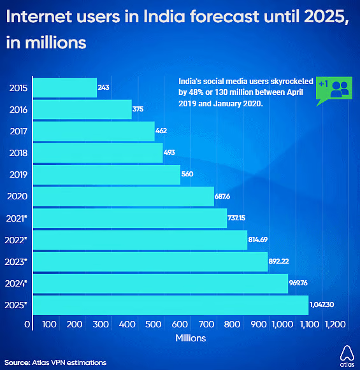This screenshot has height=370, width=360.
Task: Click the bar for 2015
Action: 64,88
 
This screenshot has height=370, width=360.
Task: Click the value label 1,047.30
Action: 322,305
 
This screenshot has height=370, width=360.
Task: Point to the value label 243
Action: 103,87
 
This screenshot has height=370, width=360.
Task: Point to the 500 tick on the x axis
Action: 153,325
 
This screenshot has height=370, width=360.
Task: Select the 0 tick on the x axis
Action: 27,325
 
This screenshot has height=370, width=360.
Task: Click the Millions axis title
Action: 191,338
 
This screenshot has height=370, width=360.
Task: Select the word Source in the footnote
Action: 15,362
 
